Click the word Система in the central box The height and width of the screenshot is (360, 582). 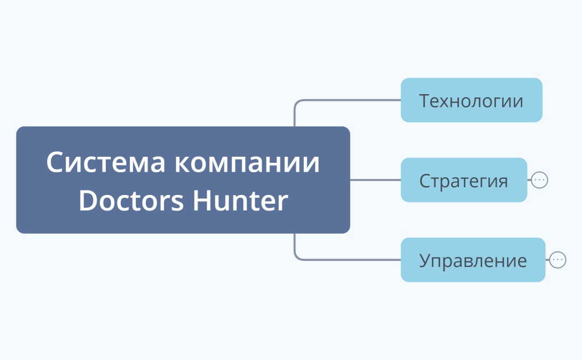[106, 163]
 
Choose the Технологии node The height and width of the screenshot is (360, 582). [471, 100]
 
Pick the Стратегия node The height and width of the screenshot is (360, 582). [463, 180]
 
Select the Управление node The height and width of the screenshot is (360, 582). [473, 260]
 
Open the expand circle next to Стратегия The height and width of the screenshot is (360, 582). [539, 180]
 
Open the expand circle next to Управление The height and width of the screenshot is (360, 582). [558, 260]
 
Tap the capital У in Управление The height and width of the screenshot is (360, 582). [425, 260]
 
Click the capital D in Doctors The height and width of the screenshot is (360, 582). [88, 200]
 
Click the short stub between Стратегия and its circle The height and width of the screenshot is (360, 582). [529, 180]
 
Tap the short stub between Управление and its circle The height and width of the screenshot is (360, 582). [548, 260]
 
